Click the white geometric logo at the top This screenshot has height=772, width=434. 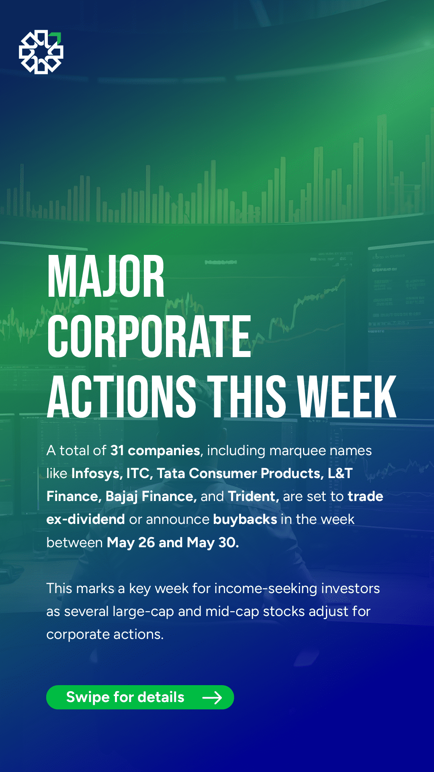pyautogui.click(x=41, y=52)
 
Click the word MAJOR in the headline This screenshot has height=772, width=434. pyautogui.click(x=106, y=277)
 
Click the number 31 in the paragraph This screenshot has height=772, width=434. pyautogui.click(x=117, y=450)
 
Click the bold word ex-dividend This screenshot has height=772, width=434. pyautogui.click(x=86, y=519)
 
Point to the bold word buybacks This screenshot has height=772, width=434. pyautogui.click(x=245, y=519)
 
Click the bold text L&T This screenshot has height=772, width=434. pyautogui.click(x=340, y=474)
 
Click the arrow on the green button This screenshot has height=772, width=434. pyautogui.click(x=212, y=698)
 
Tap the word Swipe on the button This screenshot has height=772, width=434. pyautogui.click(x=88, y=698)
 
